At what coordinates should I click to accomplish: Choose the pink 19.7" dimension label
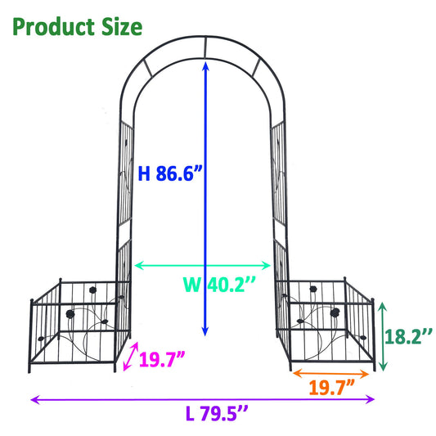(x=163, y=359)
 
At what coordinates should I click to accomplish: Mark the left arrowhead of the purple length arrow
(x=34, y=399)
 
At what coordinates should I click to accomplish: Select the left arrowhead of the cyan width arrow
(x=137, y=265)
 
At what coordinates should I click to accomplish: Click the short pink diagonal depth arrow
(x=129, y=357)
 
